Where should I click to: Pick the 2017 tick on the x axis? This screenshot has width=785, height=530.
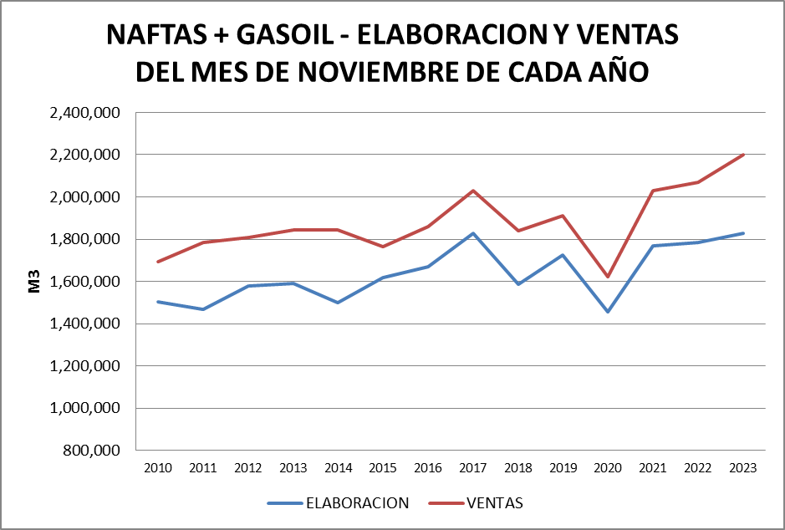pyautogui.click(x=473, y=468)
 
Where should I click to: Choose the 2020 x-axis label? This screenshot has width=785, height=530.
pyautogui.click(x=608, y=468)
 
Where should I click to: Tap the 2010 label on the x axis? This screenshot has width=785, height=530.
pyautogui.click(x=158, y=468)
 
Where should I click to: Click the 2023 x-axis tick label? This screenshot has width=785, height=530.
pyautogui.click(x=742, y=468)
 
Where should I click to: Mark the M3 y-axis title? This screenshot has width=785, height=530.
pyautogui.click(x=35, y=282)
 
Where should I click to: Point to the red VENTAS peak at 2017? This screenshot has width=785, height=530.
pyautogui.click(x=473, y=191)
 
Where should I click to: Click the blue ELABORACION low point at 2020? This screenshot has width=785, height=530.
pyautogui.click(x=608, y=312)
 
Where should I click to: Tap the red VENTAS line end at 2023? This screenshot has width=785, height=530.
pyautogui.click(x=742, y=155)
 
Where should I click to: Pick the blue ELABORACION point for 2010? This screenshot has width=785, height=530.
pyautogui.click(x=158, y=302)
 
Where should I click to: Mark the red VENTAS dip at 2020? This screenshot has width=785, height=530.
pyautogui.click(x=608, y=277)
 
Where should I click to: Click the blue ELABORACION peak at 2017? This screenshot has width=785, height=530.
pyautogui.click(x=473, y=233)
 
